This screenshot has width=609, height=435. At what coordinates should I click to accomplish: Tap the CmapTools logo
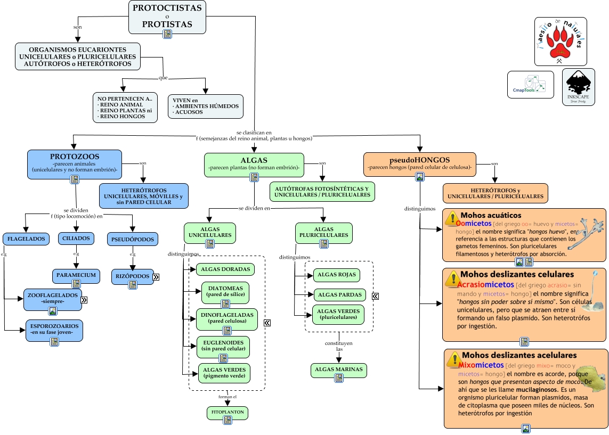coord(530,84)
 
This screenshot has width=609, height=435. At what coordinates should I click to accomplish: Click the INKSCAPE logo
coord(578,87)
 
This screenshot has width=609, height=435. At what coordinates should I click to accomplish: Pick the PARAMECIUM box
coord(76,275)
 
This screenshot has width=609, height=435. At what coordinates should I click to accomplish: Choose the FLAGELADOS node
coord(26,239)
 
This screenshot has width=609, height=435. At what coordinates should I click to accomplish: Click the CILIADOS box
coord(77,238)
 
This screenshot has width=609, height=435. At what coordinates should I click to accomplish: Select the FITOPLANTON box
coord(228,413)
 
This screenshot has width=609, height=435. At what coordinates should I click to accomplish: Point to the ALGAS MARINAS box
coord(339,370)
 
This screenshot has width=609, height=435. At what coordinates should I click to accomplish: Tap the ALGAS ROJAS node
coord(336,275)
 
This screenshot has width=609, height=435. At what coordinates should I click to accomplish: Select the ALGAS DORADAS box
coord(225,269)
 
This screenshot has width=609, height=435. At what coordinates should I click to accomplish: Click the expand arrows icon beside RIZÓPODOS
coord(156,277)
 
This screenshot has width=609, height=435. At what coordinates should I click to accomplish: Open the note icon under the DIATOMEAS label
coord(225,303)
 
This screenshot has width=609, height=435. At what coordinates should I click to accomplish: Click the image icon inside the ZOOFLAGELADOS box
coord(53,311)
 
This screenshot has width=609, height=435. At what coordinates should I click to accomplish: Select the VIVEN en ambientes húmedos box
coord(205,106)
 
